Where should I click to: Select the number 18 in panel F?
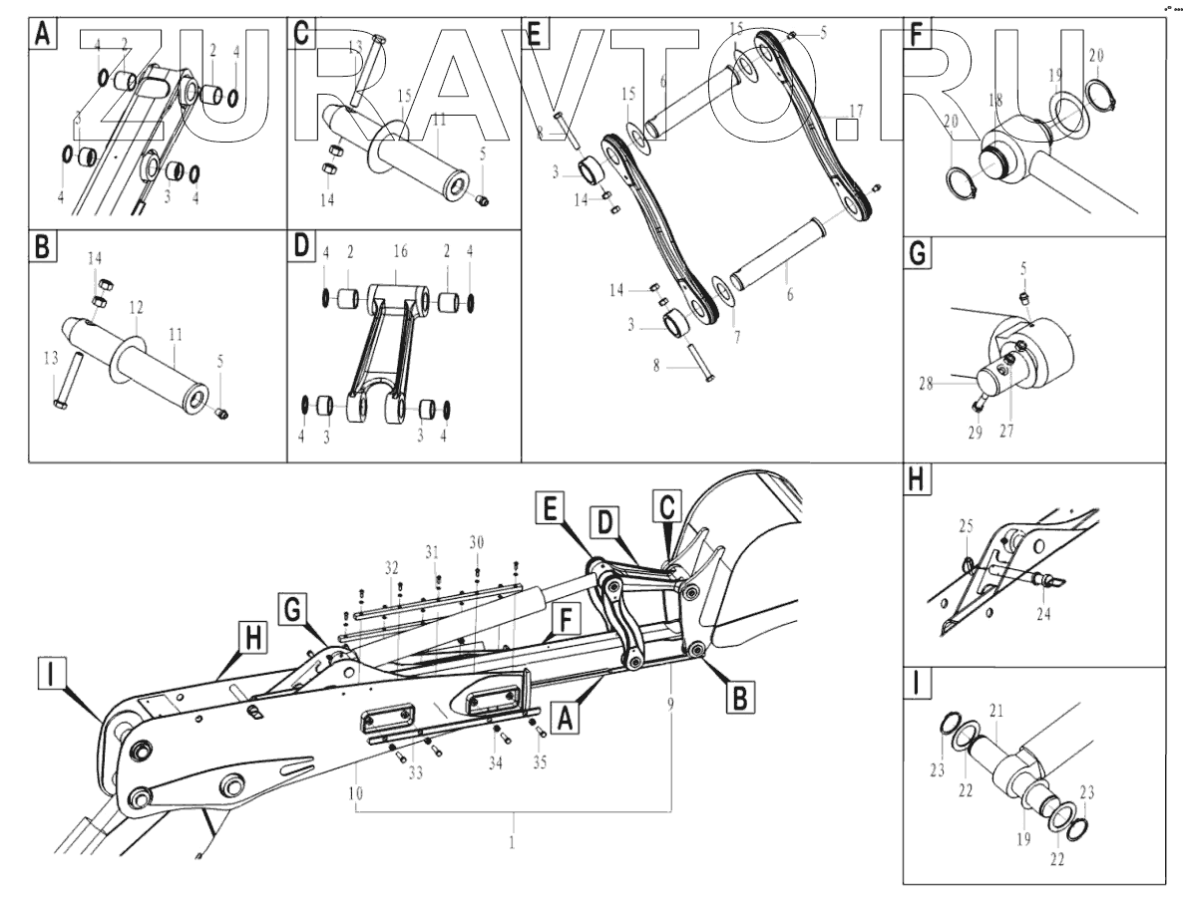coord(994,99)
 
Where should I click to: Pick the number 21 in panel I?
coord(995,709)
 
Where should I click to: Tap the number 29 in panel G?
coord(975,432)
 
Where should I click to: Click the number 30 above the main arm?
coord(477,541)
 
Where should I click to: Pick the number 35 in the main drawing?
coord(540,764)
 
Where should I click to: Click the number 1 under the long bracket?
coord(513,843)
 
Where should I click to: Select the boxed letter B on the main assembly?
coord(736,697)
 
